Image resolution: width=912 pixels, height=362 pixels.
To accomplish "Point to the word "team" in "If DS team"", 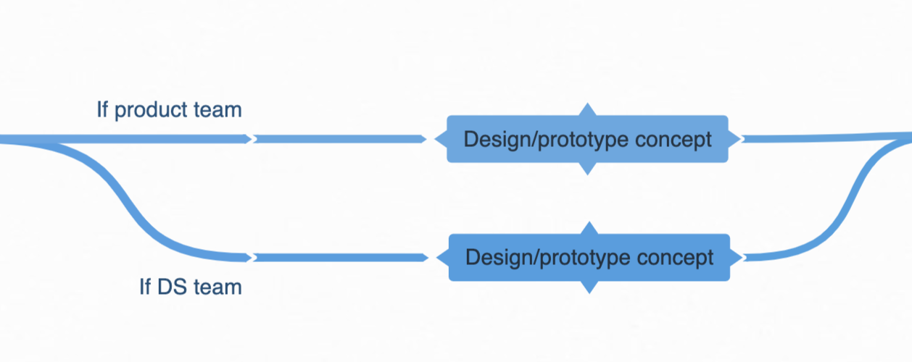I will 216,287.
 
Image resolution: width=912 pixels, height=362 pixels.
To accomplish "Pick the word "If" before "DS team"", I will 145,287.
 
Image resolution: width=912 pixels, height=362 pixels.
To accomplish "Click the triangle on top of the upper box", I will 587,109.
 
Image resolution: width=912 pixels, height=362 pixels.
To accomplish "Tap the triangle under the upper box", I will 587,169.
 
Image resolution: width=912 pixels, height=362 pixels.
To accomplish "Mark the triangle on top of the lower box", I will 589,228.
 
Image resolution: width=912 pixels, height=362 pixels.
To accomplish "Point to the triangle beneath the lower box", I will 589,287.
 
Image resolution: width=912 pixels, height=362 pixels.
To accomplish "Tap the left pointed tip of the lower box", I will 441,257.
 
